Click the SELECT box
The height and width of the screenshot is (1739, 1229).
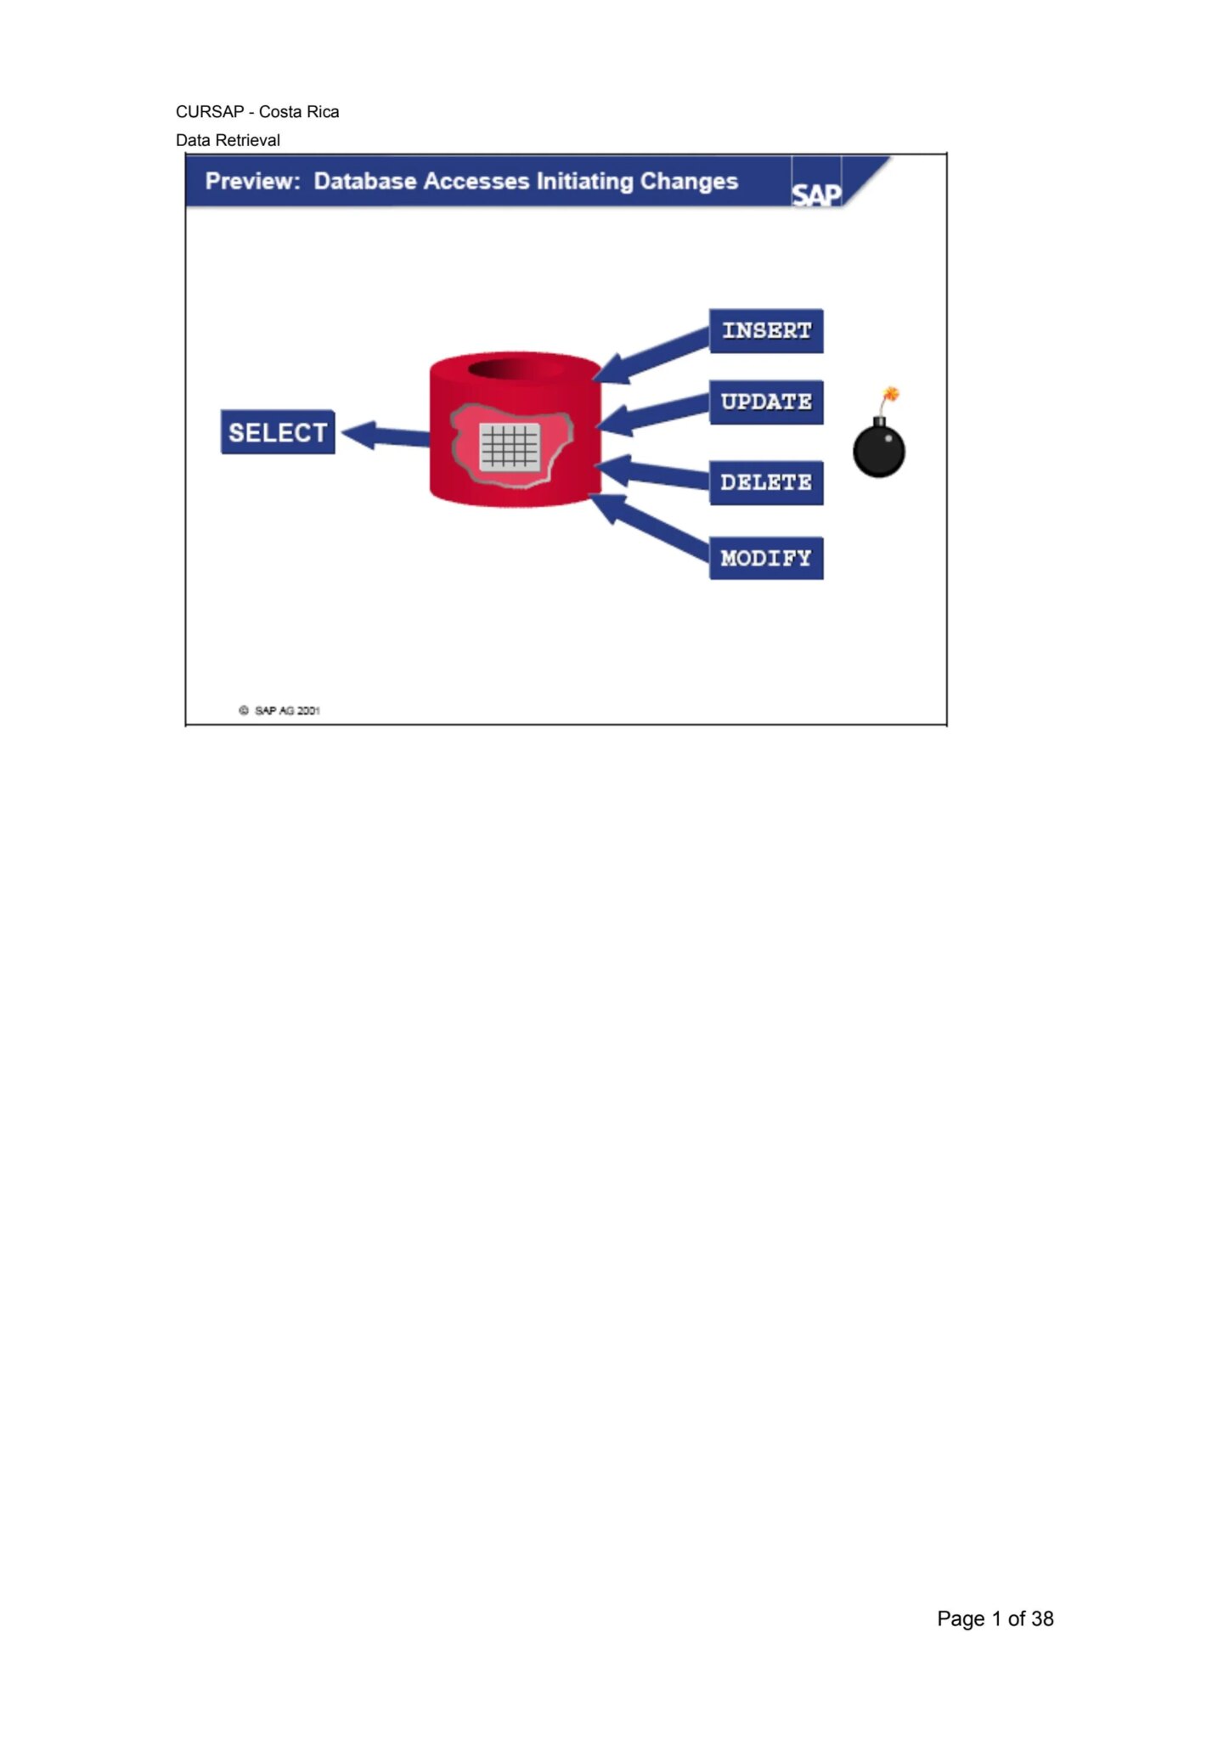[278, 432]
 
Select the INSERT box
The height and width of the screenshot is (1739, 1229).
[766, 330]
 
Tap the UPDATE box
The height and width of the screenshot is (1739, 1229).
[766, 402]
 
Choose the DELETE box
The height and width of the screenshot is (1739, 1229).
[766, 482]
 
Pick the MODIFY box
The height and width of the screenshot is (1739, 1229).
[766, 558]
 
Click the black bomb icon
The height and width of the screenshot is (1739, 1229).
[879, 450]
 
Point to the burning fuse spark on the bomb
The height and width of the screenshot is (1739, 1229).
[891, 394]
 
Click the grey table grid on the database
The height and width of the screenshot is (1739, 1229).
[510, 446]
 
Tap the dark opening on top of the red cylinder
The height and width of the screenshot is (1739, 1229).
[516, 369]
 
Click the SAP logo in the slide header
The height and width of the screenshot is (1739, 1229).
[816, 194]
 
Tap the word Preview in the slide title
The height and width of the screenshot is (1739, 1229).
[252, 182]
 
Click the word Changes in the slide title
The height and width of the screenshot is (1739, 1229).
[689, 182]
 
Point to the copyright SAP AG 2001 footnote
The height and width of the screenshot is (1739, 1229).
[280, 710]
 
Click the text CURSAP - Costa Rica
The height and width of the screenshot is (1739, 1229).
[257, 112]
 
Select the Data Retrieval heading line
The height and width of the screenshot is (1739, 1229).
[228, 140]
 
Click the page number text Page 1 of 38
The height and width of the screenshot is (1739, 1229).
[995, 1618]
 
